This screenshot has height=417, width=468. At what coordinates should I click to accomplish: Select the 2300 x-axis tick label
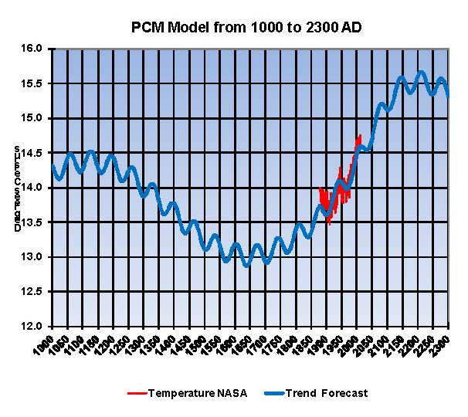[x=443, y=344]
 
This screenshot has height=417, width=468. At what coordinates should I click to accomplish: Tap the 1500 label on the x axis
[x=198, y=344]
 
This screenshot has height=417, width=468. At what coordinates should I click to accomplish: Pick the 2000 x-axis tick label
[x=351, y=344]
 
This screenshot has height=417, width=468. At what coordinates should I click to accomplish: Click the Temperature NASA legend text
[x=198, y=393]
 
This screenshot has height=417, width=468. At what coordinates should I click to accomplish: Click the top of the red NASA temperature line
[x=359, y=136]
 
